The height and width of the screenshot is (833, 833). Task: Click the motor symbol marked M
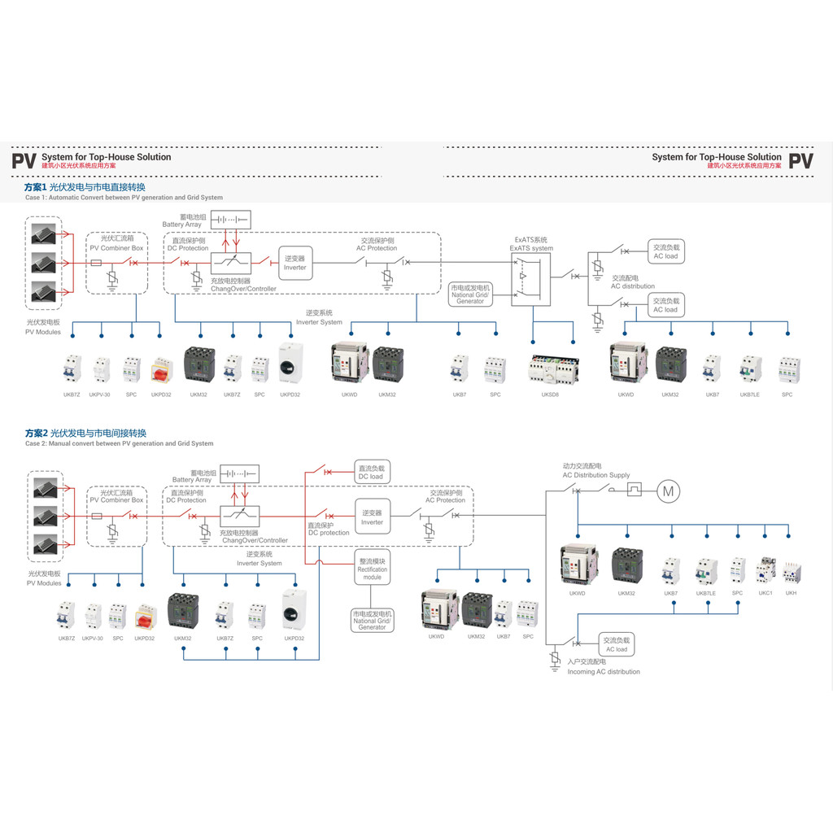click(x=668, y=491)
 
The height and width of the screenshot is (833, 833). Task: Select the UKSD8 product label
click(x=550, y=395)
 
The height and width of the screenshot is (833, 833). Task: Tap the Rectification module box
click(x=373, y=569)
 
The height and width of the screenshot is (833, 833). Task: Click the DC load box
click(x=370, y=472)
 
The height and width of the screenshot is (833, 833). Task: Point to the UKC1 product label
click(x=765, y=593)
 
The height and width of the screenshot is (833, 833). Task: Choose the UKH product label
click(x=791, y=593)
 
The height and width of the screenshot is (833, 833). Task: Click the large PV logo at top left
click(x=24, y=160)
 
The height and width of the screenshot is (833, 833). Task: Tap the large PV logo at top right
click(x=801, y=160)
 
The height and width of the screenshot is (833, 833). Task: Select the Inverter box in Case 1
click(x=295, y=262)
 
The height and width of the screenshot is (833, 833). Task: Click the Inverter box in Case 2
click(x=372, y=517)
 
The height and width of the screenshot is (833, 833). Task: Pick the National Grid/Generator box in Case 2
click(x=372, y=620)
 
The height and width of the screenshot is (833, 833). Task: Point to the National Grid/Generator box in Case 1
click(x=470, y=294)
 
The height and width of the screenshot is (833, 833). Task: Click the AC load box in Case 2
click(x=616, y=644)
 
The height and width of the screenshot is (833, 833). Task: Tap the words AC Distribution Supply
click(x=596, y=475)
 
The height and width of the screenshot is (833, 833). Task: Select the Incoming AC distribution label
click(x=604, y=672)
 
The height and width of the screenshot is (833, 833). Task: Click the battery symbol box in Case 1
click(x=230, y=220)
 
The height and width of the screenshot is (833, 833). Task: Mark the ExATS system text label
click(x=531, y=248)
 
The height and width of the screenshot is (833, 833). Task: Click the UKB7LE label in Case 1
click(x=750, y=395)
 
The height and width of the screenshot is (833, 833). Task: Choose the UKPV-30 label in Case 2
click(x=93, y=639)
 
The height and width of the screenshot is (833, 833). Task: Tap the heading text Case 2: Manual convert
click(x=119, y=444)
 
